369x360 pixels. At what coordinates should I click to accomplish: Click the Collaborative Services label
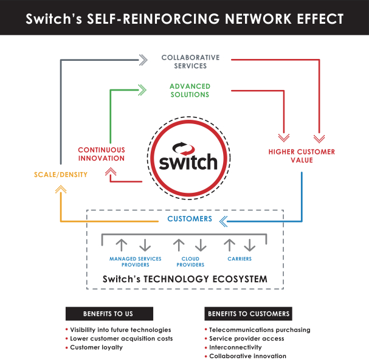click(190, 61)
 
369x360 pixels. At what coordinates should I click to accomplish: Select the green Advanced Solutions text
click(190, 91)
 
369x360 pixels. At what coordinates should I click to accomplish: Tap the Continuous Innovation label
click(102, 154)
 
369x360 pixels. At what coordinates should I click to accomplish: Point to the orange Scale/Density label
click(61, 175)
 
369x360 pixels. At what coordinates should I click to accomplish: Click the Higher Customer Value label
click(302, 156)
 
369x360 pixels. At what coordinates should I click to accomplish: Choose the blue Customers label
click(190, 219)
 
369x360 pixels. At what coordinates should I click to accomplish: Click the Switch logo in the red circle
click(188, 158)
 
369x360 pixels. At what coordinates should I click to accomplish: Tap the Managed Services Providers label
click(136, 261)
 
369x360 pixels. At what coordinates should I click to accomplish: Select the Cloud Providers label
click(190, 261)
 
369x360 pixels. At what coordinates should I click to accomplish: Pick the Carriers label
click(240, 259)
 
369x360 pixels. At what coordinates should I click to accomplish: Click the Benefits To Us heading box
click(109, 314)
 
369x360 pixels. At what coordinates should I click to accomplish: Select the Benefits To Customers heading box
click(248, 314)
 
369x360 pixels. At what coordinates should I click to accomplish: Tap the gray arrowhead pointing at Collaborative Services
click(143, 60)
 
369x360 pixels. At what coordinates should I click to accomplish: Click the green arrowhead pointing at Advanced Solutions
click(142, 90)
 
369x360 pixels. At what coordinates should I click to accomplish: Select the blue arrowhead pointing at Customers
click(223, 221)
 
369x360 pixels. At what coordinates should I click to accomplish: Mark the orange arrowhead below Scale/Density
click(61, 189)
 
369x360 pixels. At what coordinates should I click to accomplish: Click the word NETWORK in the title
click(258, 19)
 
